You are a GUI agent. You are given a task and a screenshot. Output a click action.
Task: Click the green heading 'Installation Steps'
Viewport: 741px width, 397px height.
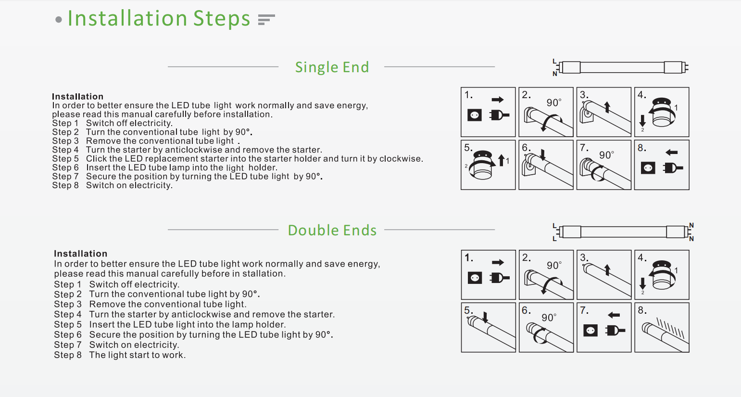(x=159, y=19)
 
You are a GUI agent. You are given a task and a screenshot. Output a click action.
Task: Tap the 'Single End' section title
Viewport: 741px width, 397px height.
(x=332, y=67)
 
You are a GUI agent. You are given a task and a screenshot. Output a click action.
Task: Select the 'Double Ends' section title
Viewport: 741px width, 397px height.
(x=332, y=230)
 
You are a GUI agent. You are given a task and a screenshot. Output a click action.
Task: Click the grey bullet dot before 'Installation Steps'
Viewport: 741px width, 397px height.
(x=59, y=20)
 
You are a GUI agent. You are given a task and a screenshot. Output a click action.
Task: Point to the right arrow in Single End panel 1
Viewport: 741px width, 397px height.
(x=498, y=100)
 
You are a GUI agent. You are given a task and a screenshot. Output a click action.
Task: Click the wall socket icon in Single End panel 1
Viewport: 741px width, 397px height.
(x=475, y=115)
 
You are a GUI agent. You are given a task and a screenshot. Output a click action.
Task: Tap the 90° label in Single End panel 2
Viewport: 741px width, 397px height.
(x=554, y=102)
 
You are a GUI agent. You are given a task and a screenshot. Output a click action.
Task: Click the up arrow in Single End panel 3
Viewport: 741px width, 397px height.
(x=607, y=107)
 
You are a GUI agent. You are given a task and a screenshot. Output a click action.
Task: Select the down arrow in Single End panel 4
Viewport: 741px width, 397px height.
(x=642, y=121)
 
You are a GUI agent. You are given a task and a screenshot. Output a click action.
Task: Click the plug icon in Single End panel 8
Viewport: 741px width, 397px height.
(x=673, y=168)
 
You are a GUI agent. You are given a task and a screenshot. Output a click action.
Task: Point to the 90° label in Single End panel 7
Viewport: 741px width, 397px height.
(x=607, y=155)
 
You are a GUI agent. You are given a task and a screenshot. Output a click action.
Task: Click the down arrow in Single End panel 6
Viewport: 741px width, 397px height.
(x=542, y=154)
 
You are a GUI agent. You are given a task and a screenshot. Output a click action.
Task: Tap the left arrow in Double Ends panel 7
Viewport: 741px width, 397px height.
(x=614, y=315)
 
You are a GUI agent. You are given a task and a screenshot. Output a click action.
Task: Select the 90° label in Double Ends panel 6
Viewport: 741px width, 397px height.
(x=549, y=318)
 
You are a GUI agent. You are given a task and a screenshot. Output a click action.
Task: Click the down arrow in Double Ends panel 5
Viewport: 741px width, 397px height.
(x=485, y=317)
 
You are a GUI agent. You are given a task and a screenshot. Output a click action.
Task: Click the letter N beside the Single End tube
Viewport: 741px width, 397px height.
(x=555, y=74)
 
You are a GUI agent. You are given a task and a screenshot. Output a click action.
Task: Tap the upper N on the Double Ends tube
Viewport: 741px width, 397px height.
(x=691, y=226)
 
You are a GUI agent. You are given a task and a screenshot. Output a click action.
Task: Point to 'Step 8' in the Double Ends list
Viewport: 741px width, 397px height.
(x=67, y=355)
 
